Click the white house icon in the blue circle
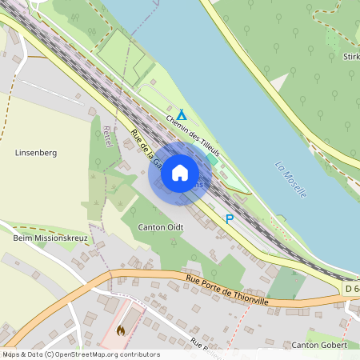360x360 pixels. (180, 173)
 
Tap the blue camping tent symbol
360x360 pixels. (182, 114)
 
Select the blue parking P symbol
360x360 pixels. (230, 218)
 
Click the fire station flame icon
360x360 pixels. (121, 330)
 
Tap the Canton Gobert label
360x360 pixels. (319, 345)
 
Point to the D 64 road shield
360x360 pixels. (351, 288)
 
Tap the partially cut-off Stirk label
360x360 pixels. (350, 57)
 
